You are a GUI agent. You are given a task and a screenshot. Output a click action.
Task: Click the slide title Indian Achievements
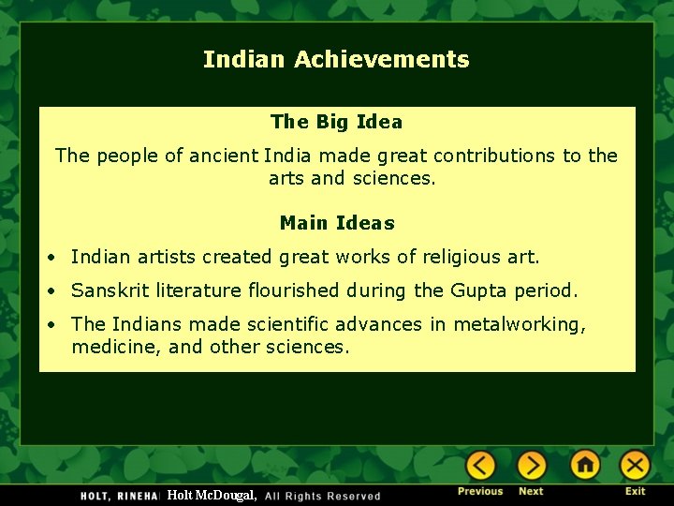tap(336, 59)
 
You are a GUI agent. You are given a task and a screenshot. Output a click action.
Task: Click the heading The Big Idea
tap(337, 122)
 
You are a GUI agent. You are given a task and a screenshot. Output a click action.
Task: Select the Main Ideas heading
tap(337, 223)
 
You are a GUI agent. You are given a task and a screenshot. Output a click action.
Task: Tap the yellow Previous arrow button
tap(480, 465)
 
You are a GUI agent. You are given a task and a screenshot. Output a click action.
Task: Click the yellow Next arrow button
tap(532, 465)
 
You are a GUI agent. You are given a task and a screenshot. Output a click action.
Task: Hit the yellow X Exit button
tap(635, 465)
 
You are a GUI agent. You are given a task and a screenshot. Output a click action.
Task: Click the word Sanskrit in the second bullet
tap(110, 290)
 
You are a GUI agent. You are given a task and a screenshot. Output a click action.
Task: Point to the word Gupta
tap(478, 291)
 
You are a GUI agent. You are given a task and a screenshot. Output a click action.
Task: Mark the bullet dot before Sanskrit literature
tap(51, 291)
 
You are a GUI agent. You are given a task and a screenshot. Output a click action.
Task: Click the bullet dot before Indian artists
tap(51, 258)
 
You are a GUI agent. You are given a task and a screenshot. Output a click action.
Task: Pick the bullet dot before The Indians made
tap(51, 325)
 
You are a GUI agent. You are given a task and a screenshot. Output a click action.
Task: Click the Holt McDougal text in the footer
tap(212, 496)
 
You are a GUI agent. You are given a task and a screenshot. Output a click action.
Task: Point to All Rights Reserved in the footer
tap(322, 496)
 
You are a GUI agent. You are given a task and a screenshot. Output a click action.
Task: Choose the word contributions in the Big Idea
tap(494, 156)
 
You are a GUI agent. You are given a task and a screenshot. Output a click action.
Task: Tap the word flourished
tap(294, 290)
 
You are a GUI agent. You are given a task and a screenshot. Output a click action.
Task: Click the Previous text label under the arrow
tap(480, 491)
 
